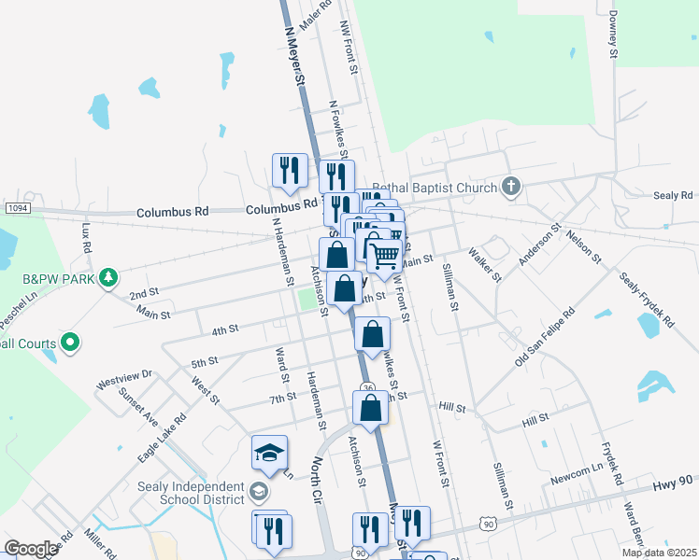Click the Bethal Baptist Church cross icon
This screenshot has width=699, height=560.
[x=509, y=187]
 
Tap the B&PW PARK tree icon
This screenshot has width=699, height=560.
[x=109, y=277]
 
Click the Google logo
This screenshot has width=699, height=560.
[x=31, y=549]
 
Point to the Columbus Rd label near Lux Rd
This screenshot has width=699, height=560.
[x=172, y=213]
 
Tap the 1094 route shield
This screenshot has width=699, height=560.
[x=16, y=206]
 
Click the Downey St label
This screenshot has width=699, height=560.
[x=613, y=35]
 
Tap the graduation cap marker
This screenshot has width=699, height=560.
[x=268, y=452]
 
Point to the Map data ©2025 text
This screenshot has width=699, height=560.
[x=658, y=553]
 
